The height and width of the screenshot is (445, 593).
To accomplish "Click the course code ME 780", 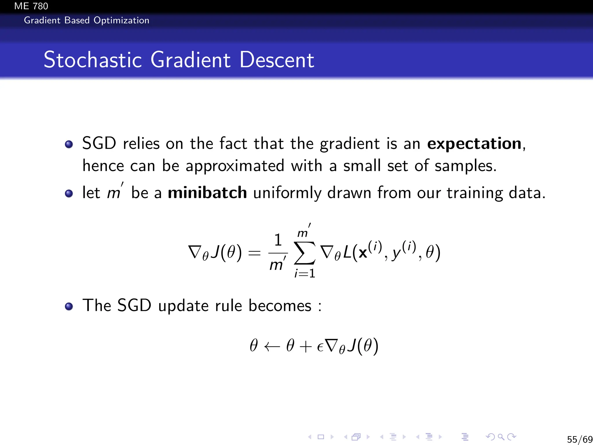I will point(31,6).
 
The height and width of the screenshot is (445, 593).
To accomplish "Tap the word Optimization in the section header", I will point(121,21).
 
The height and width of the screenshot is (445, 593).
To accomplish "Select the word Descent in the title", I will point(277,60).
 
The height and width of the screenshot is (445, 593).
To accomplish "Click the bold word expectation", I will point(474,143).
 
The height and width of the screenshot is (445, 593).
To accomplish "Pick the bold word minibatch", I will point(207,193).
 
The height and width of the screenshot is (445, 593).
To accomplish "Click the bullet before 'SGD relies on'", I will point(69,144).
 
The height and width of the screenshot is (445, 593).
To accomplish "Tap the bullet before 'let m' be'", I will point(69,193).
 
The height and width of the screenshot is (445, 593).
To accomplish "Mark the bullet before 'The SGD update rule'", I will point(69,306).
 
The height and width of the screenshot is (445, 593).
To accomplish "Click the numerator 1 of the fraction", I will point(278,240).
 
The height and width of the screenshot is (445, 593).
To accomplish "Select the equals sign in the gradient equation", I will point(255,253).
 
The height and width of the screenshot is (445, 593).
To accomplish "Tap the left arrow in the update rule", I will point(272,346).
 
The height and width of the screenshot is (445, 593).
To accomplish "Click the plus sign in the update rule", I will point(306,346).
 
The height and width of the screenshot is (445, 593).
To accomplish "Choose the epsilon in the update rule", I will point(320,347).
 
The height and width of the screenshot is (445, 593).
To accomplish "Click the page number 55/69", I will point(579,439).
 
